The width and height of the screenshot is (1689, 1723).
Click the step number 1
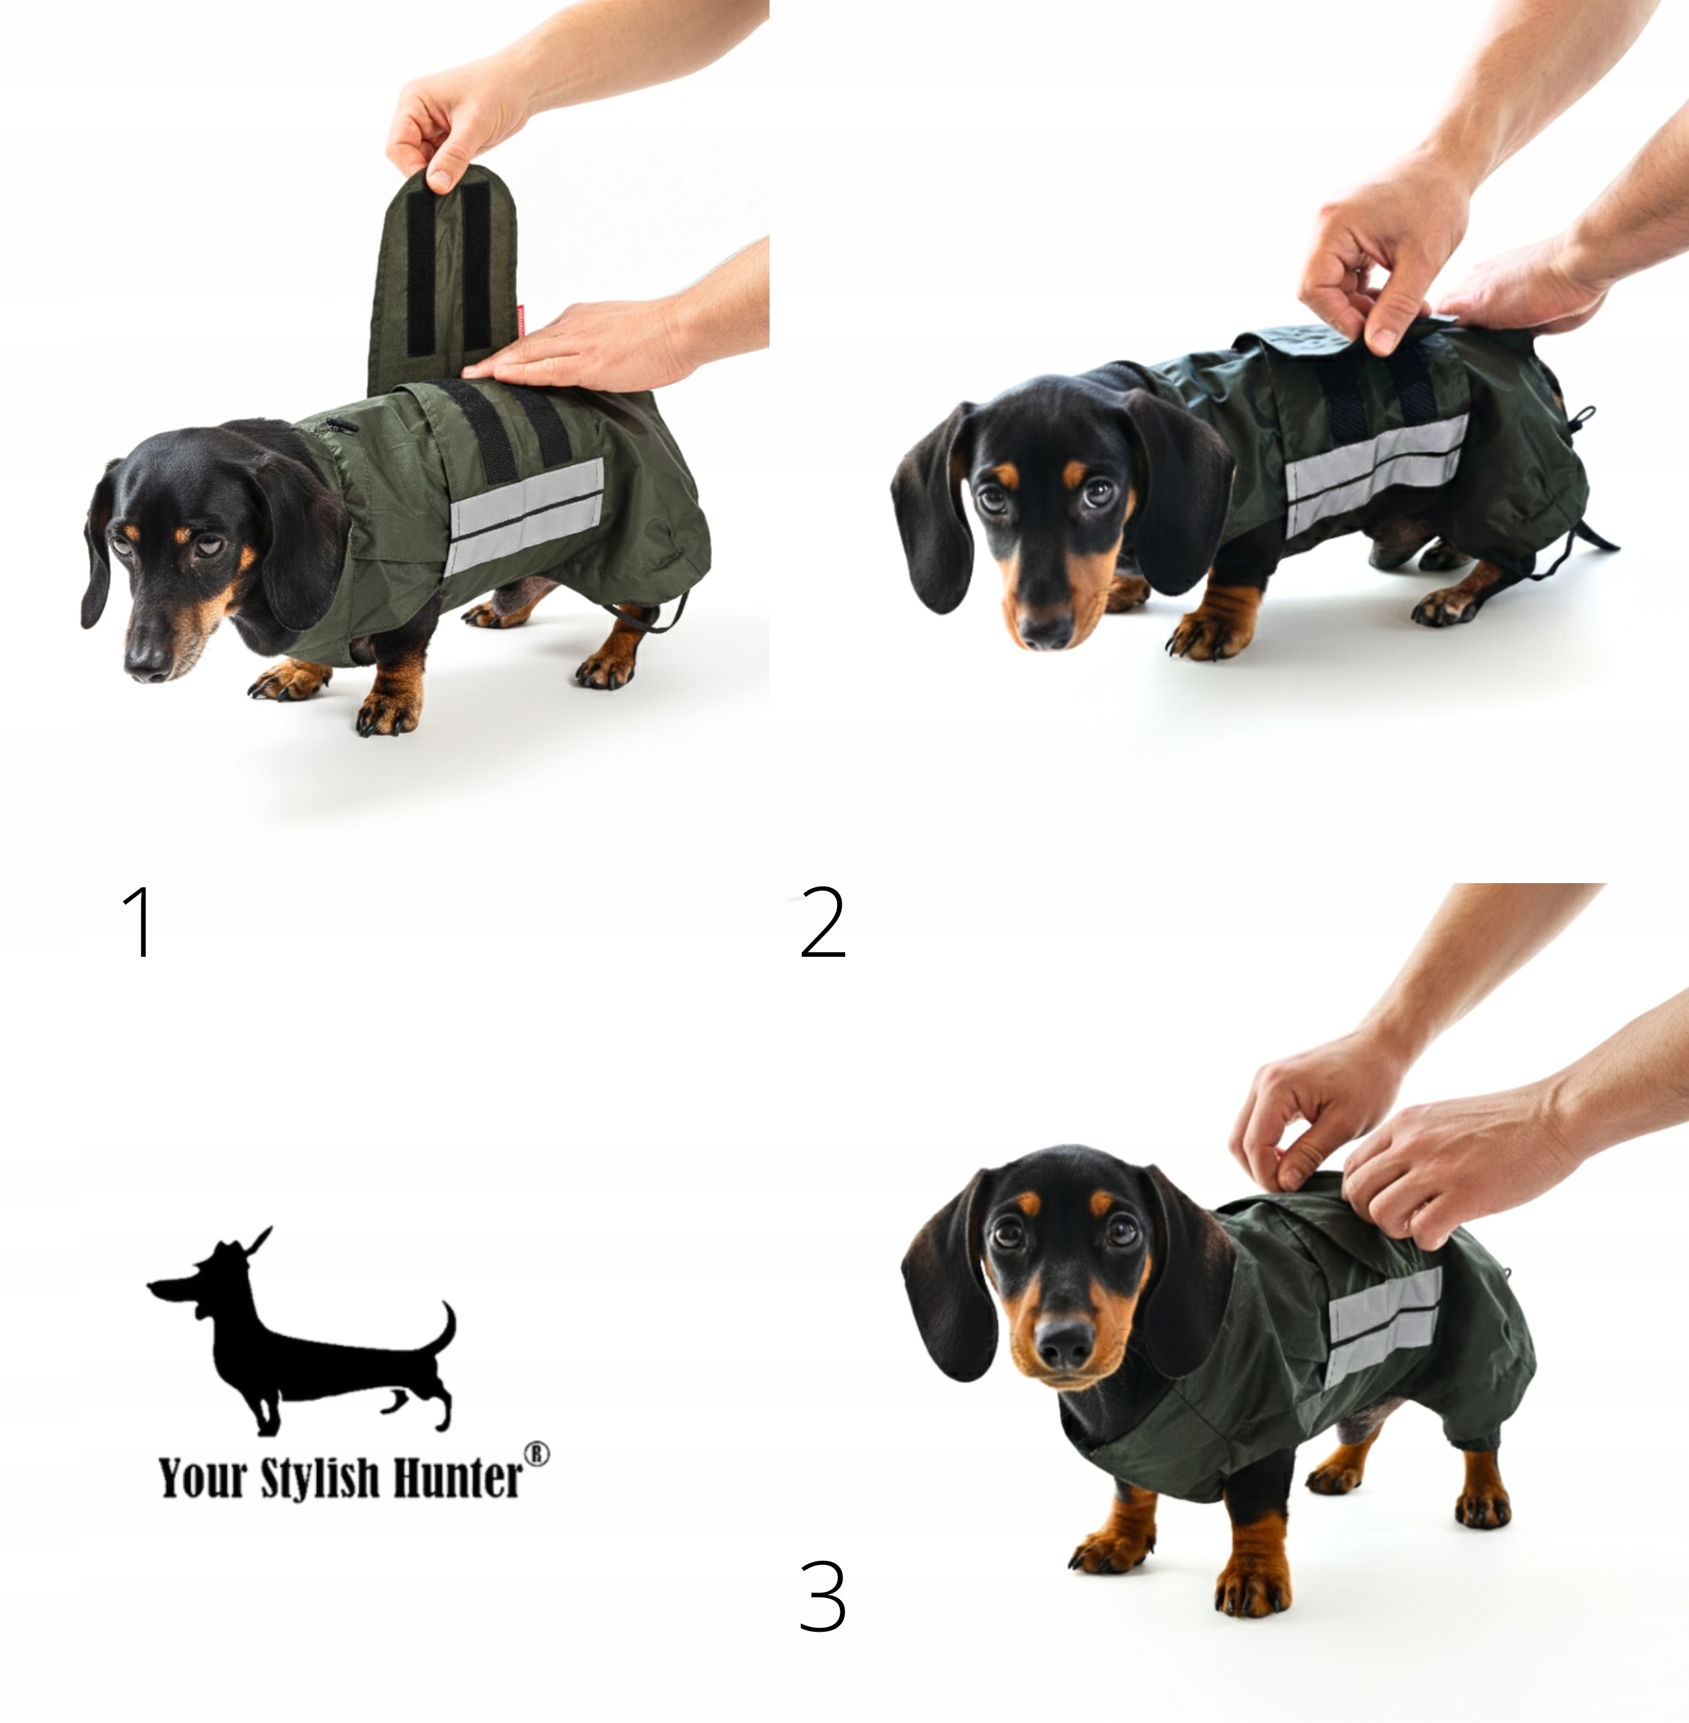point(139,920)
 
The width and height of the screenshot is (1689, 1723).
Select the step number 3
point(822,1597)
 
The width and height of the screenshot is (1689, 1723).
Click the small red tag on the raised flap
point(521,321)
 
